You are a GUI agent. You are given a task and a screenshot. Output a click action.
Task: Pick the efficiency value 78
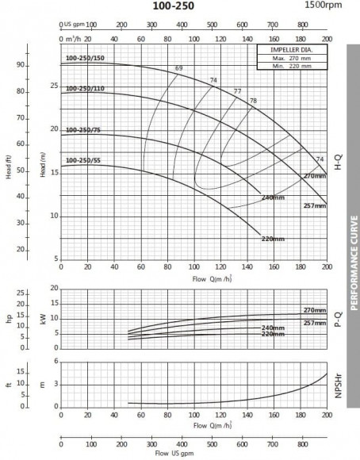coord(253,101)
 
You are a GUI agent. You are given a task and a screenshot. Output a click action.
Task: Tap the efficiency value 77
coord(237,92)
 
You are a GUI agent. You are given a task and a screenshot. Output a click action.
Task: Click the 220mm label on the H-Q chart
coord(273,238)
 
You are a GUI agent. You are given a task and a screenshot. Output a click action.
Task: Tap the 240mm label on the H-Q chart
coord(273,197)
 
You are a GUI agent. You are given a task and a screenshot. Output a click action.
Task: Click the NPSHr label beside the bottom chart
coord(339,384)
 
